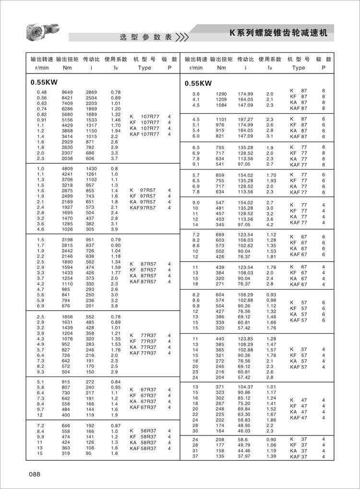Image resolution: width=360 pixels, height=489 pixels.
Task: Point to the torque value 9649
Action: pos(67,92)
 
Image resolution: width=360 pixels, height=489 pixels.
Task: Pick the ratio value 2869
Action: pos(91,92)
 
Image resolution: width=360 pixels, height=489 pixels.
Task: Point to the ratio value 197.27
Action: pos(245,119)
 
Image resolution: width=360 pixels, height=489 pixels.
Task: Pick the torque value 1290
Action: pos(221,94)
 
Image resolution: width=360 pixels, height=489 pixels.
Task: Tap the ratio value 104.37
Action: pos(245,387)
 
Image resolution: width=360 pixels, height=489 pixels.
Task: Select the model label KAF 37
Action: pos(299,457)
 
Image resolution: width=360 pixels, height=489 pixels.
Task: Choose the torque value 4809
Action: pos(67,169)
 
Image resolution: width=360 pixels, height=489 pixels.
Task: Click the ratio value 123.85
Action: pos(245,339)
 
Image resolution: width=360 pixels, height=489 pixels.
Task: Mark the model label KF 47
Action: pos(298,406)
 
